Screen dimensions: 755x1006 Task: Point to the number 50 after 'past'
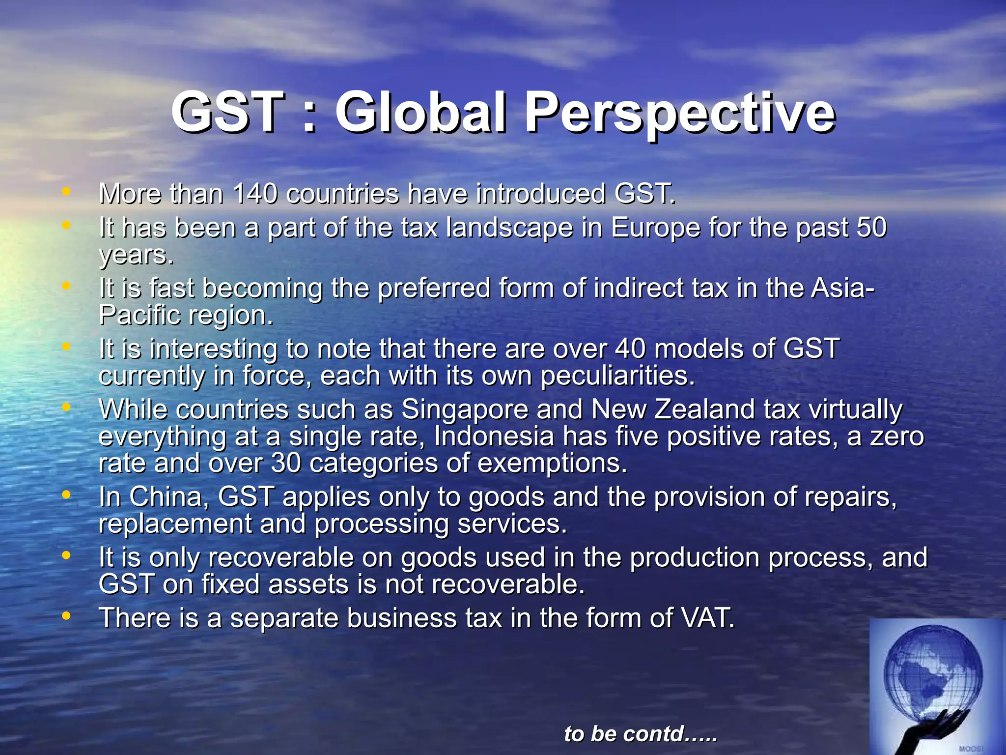tap(871, 228)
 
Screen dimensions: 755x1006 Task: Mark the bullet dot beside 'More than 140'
tap(66, 192)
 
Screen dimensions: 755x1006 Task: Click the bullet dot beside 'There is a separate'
tap(66, 616)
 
